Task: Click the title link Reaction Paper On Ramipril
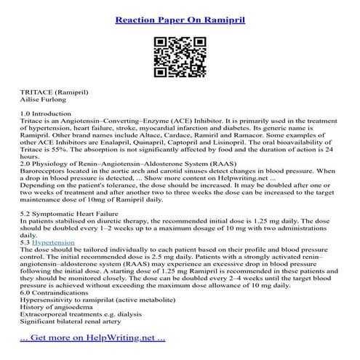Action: (x=180, y=16)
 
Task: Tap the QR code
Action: (x=180, y=55)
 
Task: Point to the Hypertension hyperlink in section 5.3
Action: (x=54, y=241)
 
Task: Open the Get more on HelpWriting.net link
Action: (x=92, y=338)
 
